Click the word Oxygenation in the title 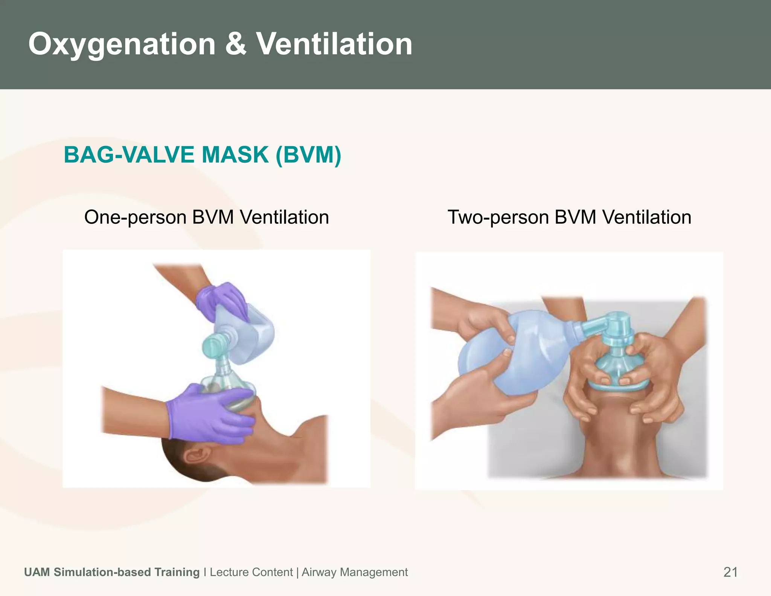(122, 44)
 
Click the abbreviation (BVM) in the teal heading (308, 155)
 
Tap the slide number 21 (730, 572)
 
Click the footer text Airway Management (355, 572)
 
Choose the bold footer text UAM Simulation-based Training (112, 572)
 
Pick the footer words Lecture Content (251, 572)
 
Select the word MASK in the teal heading (235, 155)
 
